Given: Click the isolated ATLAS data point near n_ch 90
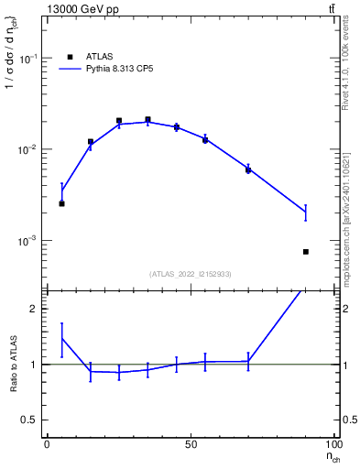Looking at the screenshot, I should pos(306,252).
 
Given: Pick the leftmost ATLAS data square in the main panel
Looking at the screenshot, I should pos(61,203).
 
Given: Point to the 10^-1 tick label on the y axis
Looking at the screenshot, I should pos(27,58).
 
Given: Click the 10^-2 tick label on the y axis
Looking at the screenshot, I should pos(27,149).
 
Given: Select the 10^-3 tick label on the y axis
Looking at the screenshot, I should pos(27,241).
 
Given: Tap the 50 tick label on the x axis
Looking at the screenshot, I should pos(191,445).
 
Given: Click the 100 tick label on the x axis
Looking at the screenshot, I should pos(333,445).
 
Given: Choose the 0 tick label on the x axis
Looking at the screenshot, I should pos(47,445).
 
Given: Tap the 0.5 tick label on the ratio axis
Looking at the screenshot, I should pos(31,420).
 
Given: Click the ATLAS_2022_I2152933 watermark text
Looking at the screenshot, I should pos(190,273).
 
